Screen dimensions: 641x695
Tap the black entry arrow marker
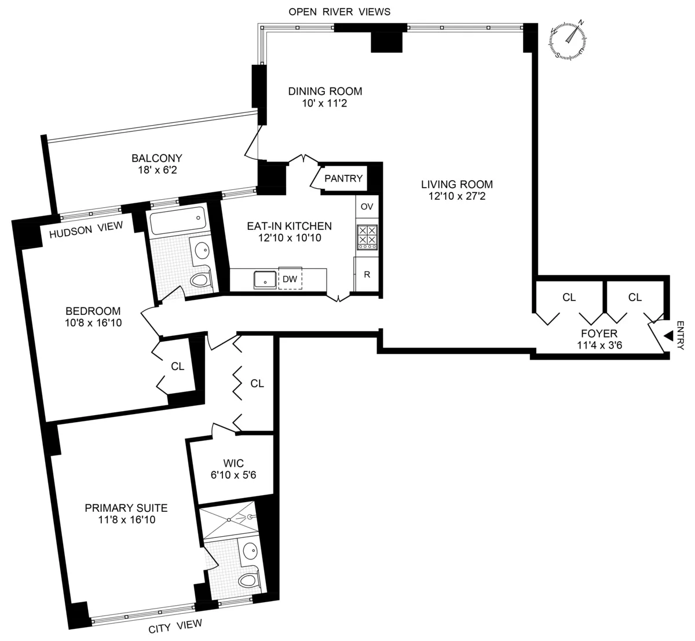[x=669, y=336]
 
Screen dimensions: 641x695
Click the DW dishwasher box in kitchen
[x=290, y=279]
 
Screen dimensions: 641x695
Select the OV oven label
[x=367, y=207]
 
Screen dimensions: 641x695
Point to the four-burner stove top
[x=367, y=237]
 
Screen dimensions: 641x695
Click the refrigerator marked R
[x=367, y=274]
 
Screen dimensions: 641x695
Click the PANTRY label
[x=343, y=178]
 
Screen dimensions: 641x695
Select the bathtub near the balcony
[x=176, y=221]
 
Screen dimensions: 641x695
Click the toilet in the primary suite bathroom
[x=250, y=579]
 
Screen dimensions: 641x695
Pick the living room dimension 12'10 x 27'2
[x=457, y=196]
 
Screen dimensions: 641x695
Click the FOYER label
[x=599, y=334]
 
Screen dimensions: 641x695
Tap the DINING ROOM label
[x=325, y=91]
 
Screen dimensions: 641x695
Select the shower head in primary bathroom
[x=251, y=516]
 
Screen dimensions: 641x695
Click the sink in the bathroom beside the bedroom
[x=202, y=250]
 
